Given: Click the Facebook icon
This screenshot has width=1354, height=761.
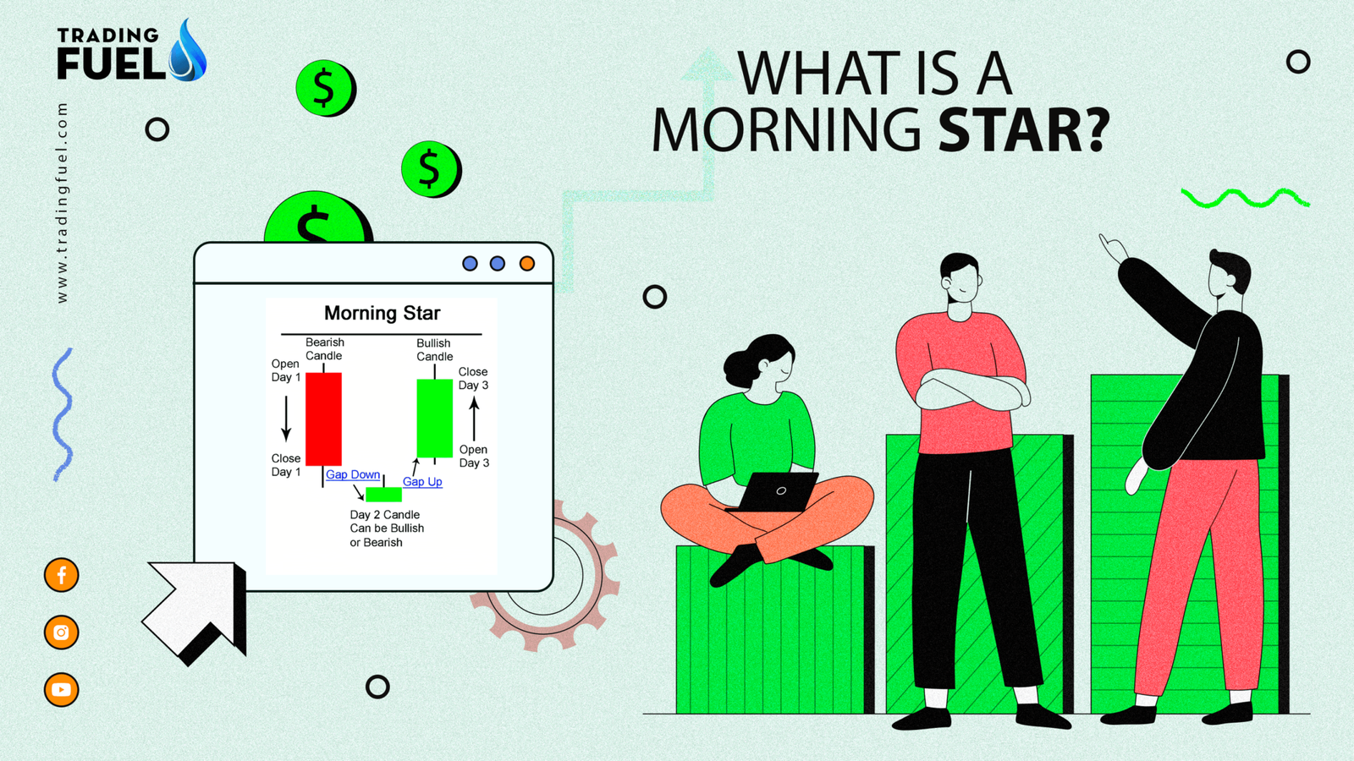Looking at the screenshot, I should (61, 575).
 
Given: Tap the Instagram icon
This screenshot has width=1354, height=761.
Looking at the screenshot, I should (61, 632).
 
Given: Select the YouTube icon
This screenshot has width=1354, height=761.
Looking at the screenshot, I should (61, 690).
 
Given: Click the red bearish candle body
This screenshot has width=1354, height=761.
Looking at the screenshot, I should (323, 419).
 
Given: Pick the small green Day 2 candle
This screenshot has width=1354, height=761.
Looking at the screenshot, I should (383, 494).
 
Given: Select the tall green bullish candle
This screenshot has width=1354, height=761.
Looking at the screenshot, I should (435, 418).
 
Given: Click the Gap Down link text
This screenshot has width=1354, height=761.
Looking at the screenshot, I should (353, 474).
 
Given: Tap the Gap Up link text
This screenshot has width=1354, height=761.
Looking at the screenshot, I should (422, 482).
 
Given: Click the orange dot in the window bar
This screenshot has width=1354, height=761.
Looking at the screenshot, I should (527, 264).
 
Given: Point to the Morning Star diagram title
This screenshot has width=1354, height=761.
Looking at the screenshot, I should (383, 314).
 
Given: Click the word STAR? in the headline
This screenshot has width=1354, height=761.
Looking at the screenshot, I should (1024, 131).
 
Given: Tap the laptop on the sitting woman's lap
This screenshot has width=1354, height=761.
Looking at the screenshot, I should (775, 492).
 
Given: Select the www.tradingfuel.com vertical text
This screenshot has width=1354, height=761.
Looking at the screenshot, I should (62, 203).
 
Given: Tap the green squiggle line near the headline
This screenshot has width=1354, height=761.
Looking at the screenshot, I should (1245, 199).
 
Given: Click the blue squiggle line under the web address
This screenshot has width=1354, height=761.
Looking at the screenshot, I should (63, 414).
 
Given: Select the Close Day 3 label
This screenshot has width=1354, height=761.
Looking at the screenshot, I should (473, 379).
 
